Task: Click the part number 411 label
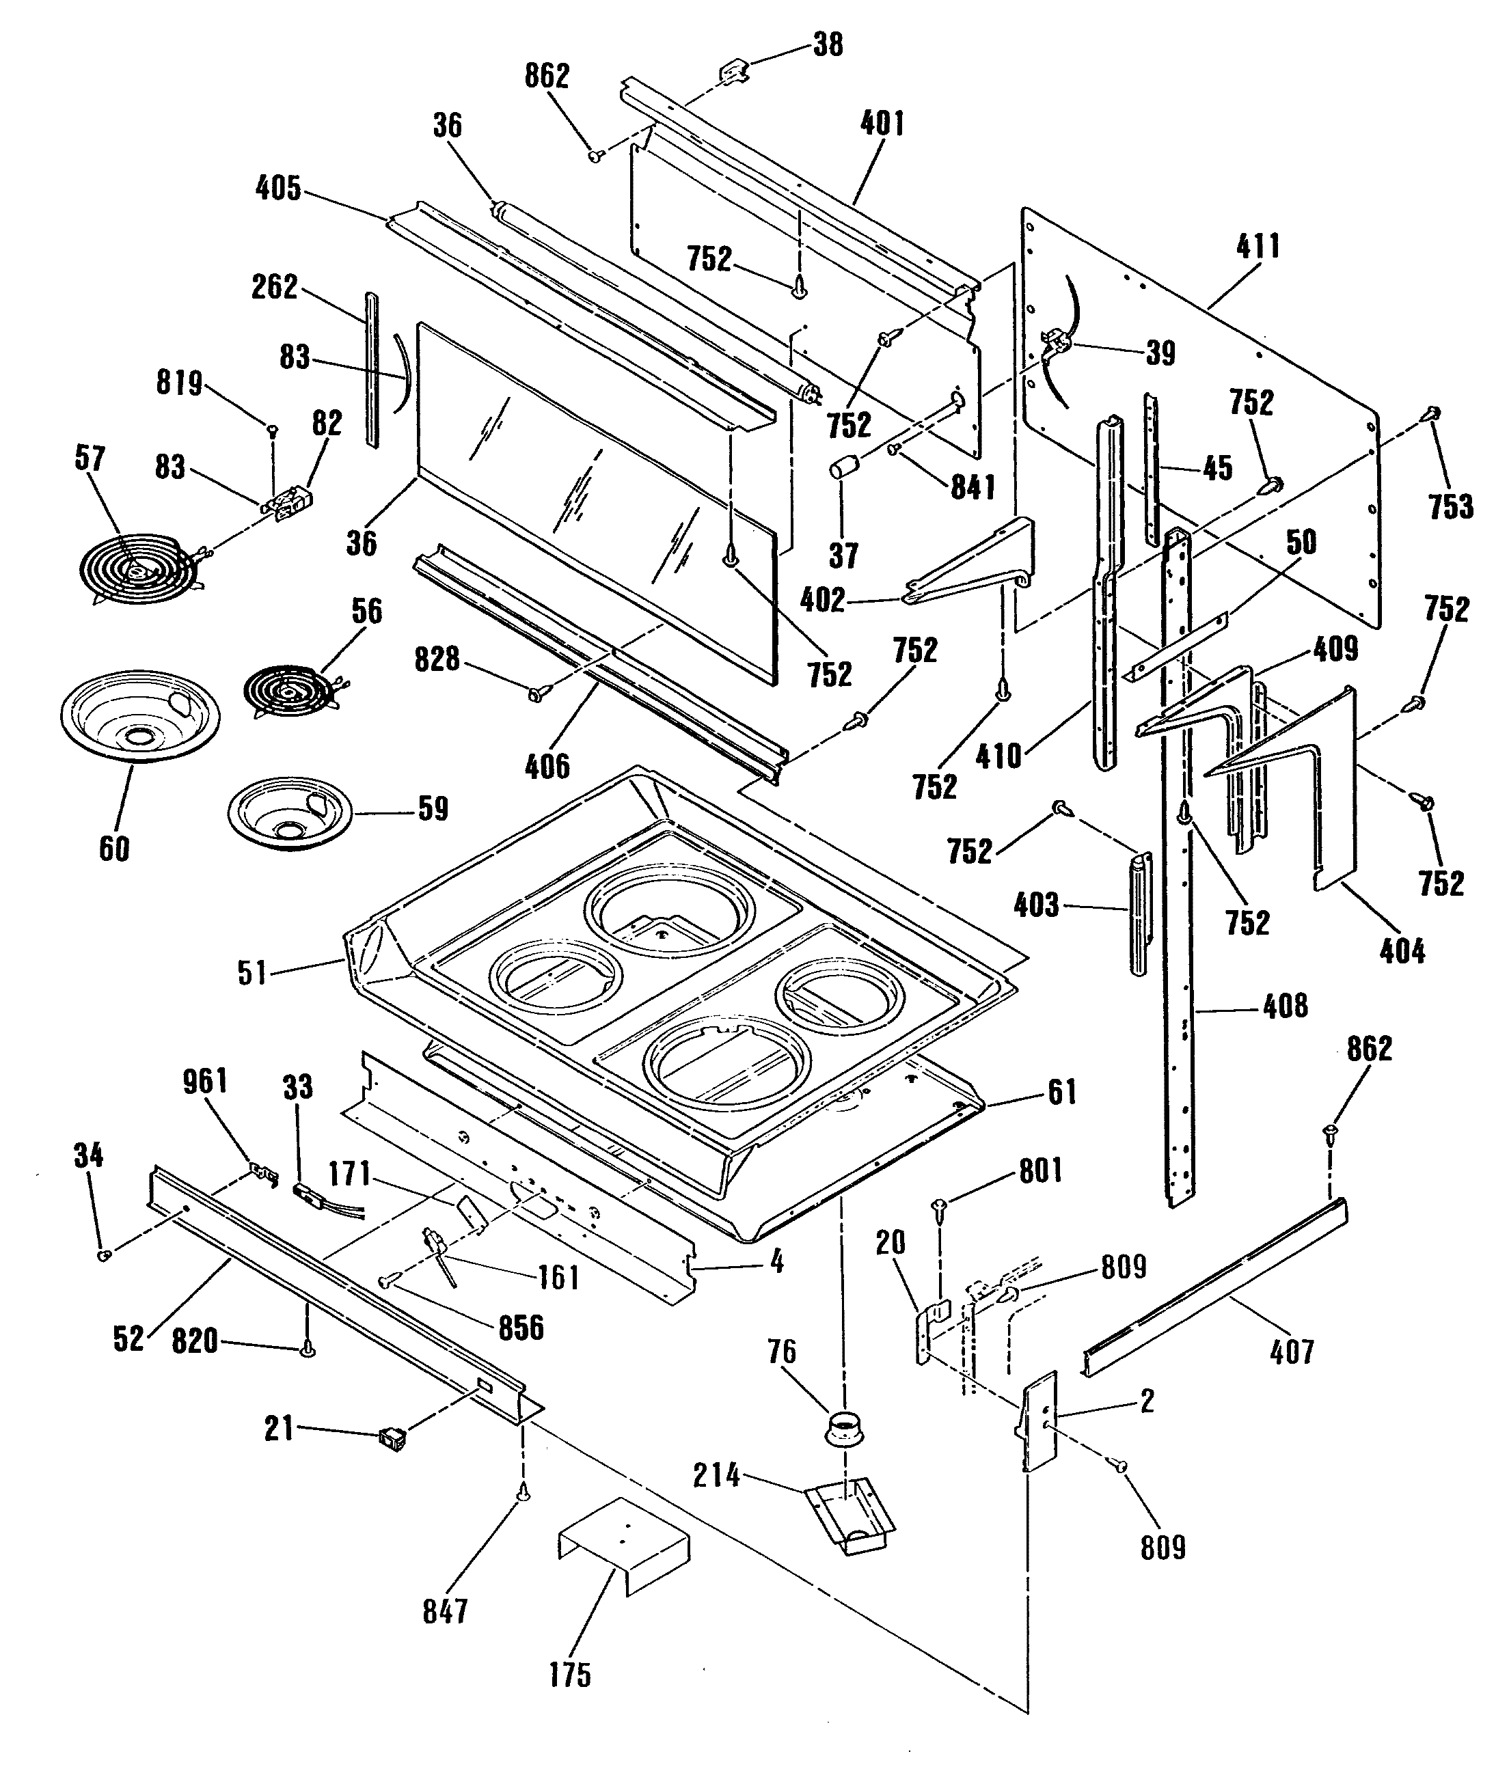click(x=1257, y=247)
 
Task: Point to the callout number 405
click(x=279, y=189)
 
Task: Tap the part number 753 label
click(x=1451, y=507)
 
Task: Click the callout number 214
click(x=716, y=1474)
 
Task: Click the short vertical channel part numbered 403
click(x=1141, y=913)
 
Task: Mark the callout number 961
click(x=205, y=1081)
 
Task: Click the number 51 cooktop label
click(x=252, y=973)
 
